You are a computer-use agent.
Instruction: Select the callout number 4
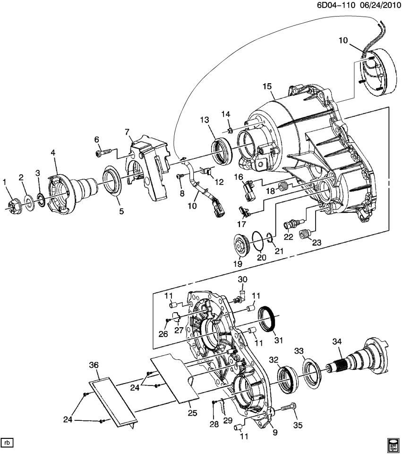[x=53, y=153]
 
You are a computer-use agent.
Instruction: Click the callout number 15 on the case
[x=267, y=86]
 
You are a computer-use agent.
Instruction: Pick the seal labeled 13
[x=221, y=150]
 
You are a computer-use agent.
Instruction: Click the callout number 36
[x=94, y=365]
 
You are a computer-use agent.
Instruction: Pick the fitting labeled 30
[x=241, y=296]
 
